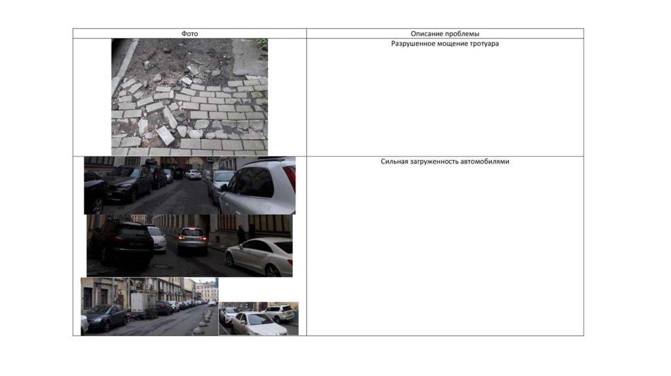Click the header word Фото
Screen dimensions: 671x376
[x=189, y=34]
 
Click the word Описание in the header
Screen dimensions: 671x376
[x=425, y=34]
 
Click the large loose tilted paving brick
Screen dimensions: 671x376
[x=166, y=135]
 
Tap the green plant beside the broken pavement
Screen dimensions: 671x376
[x=262, y=47]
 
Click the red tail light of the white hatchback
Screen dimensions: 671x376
[x=290, y=179]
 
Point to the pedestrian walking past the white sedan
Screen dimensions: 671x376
[x=241, y=235]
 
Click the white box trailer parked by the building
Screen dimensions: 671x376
[x=139, y=304]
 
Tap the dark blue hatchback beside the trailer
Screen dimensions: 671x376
[x=107, y=318]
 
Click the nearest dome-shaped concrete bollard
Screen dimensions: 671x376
[x=197, y=331]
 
